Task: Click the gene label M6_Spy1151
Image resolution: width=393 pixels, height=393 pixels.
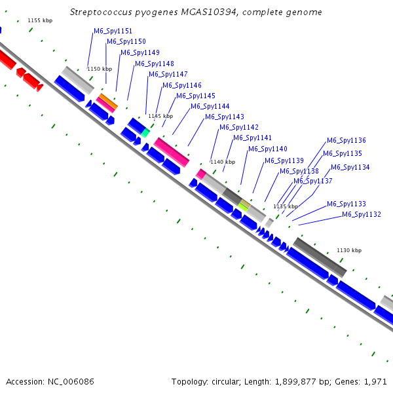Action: [113, 31]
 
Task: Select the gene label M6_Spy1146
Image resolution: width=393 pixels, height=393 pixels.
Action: [182, 86]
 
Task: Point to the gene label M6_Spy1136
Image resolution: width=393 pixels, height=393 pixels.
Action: [346, 141]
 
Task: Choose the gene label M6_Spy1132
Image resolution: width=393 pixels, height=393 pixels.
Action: [362, 215]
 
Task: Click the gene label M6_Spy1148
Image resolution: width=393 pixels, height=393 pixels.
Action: [155, 64]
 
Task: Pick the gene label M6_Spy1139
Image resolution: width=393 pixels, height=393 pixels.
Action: [284, 161]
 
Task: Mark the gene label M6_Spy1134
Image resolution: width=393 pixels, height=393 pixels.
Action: [350, 168]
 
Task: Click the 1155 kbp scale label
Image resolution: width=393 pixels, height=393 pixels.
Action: [40, 21]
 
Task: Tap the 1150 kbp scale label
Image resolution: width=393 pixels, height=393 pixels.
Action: [100, 69]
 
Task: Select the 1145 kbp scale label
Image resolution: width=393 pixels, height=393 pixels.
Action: [160, 116]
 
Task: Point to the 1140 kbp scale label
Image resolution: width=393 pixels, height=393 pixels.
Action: [221, 162]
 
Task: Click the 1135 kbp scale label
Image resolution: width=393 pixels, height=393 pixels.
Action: [285, 206]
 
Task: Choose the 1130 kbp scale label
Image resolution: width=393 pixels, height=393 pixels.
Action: [349, 250]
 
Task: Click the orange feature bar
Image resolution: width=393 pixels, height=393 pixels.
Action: [108, 100]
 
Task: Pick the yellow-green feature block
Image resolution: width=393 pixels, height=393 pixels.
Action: [244, 206]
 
